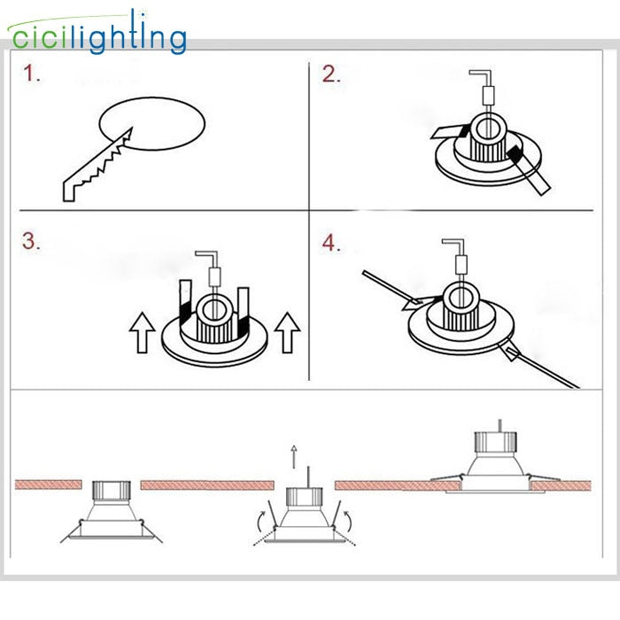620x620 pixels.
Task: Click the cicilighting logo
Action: coord(97,35)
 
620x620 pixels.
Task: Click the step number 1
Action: coord(32,74)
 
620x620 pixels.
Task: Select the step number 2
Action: coord(331,74)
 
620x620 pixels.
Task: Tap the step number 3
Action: coord(32,242)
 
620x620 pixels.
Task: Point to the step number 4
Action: coord(331,242)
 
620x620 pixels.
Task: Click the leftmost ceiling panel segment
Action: coord(49,484)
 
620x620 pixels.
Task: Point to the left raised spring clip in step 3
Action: coord(186,301)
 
